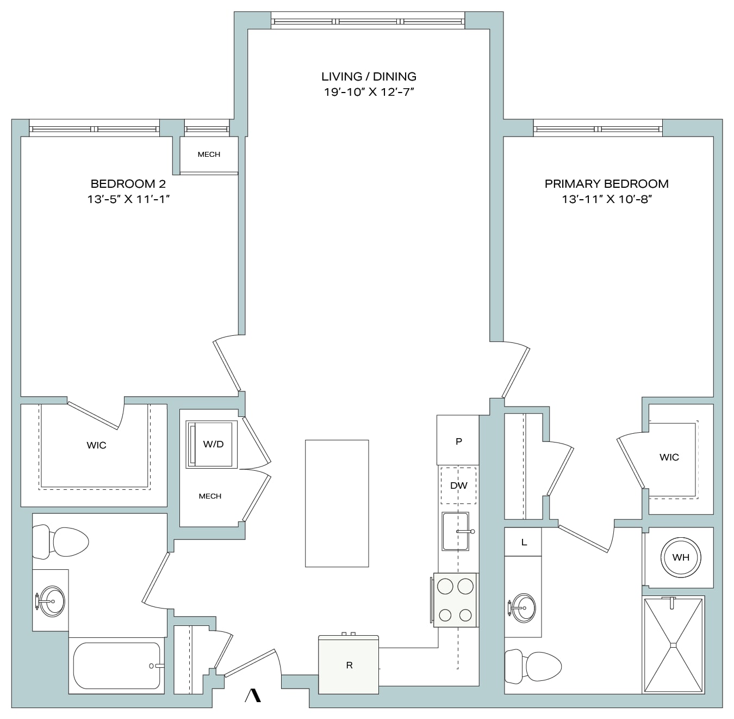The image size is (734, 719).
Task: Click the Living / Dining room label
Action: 369,77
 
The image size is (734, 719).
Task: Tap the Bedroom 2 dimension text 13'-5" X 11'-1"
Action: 128,199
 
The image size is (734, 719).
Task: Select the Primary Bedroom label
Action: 607,184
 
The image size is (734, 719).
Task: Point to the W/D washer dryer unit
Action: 211,444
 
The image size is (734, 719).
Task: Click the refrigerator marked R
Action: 349,665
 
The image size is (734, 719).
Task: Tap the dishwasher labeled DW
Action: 458,486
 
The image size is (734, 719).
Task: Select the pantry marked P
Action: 458,440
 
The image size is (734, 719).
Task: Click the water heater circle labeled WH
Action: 680,557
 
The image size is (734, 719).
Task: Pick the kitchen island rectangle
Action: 337,503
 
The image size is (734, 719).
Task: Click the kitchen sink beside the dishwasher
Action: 456,531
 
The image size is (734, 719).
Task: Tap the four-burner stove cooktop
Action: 456,600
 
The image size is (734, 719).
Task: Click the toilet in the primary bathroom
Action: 532,667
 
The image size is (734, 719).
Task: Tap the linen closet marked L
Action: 523,542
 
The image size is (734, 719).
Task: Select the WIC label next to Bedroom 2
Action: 96,445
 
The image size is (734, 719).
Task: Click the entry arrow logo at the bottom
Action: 253,696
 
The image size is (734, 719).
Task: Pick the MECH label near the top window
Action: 209,154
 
